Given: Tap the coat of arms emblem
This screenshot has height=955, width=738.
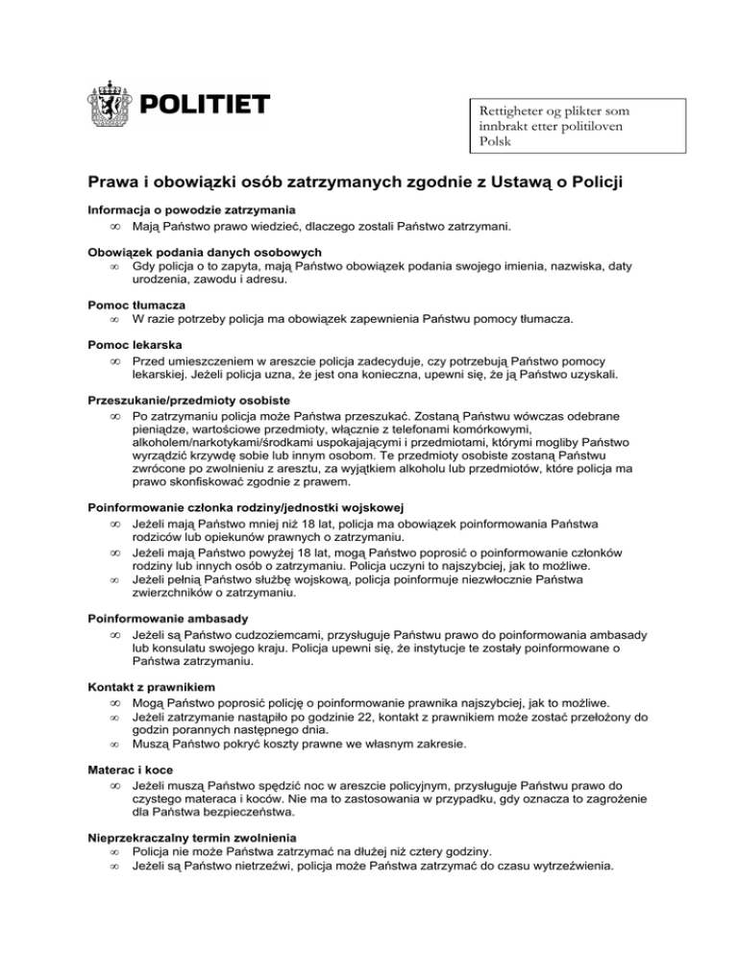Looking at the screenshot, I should (111, 105).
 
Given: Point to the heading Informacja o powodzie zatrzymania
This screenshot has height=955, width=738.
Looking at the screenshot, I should (191, 209).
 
